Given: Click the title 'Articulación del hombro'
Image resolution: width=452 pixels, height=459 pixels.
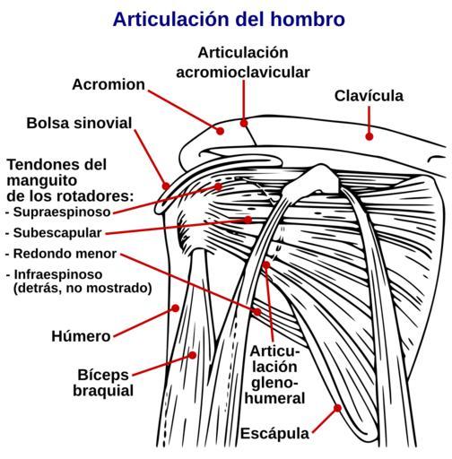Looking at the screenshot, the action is click(229, 20).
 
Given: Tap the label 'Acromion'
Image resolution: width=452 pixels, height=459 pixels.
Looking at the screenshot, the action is click(109, 84).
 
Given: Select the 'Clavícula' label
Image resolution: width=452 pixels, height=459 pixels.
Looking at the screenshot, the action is click(369, 96).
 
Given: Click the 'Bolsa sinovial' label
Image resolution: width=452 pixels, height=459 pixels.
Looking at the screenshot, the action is click(79, 123).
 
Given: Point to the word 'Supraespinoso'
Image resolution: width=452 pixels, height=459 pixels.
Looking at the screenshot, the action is click(62, 212).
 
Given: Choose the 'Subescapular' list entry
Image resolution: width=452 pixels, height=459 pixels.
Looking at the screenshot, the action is click(57, 233).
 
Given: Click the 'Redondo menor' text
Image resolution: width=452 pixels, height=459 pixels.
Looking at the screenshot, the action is click(65, 254).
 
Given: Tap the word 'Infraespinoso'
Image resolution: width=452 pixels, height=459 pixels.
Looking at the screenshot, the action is click(58, 274).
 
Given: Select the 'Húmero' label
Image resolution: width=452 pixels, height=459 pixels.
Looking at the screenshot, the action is click(81, 336).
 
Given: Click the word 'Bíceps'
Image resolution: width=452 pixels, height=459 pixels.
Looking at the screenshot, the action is click(103, 375).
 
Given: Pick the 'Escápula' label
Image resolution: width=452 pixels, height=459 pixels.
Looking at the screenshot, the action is click(274, 434).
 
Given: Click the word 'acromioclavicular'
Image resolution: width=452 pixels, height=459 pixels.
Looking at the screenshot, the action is click(243, 73).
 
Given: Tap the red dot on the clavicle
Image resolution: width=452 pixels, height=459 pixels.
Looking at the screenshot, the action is click(369, 136).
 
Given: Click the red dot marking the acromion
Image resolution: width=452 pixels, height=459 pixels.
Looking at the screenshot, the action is click(221, 131).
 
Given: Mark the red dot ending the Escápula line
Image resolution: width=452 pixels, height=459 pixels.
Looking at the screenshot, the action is click(337, 408).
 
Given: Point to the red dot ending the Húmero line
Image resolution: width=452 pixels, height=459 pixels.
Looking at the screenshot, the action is click(176, 308).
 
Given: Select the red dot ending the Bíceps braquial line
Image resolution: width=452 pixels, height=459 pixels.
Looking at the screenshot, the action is click(193, 355).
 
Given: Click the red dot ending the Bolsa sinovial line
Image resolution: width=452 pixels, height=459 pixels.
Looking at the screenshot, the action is click(166, 186).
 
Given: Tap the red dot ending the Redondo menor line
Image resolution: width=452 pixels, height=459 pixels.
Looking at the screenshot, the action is click(257, 312).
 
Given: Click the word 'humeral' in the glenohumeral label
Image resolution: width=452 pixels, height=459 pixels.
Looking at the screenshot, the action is click(274, 398).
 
